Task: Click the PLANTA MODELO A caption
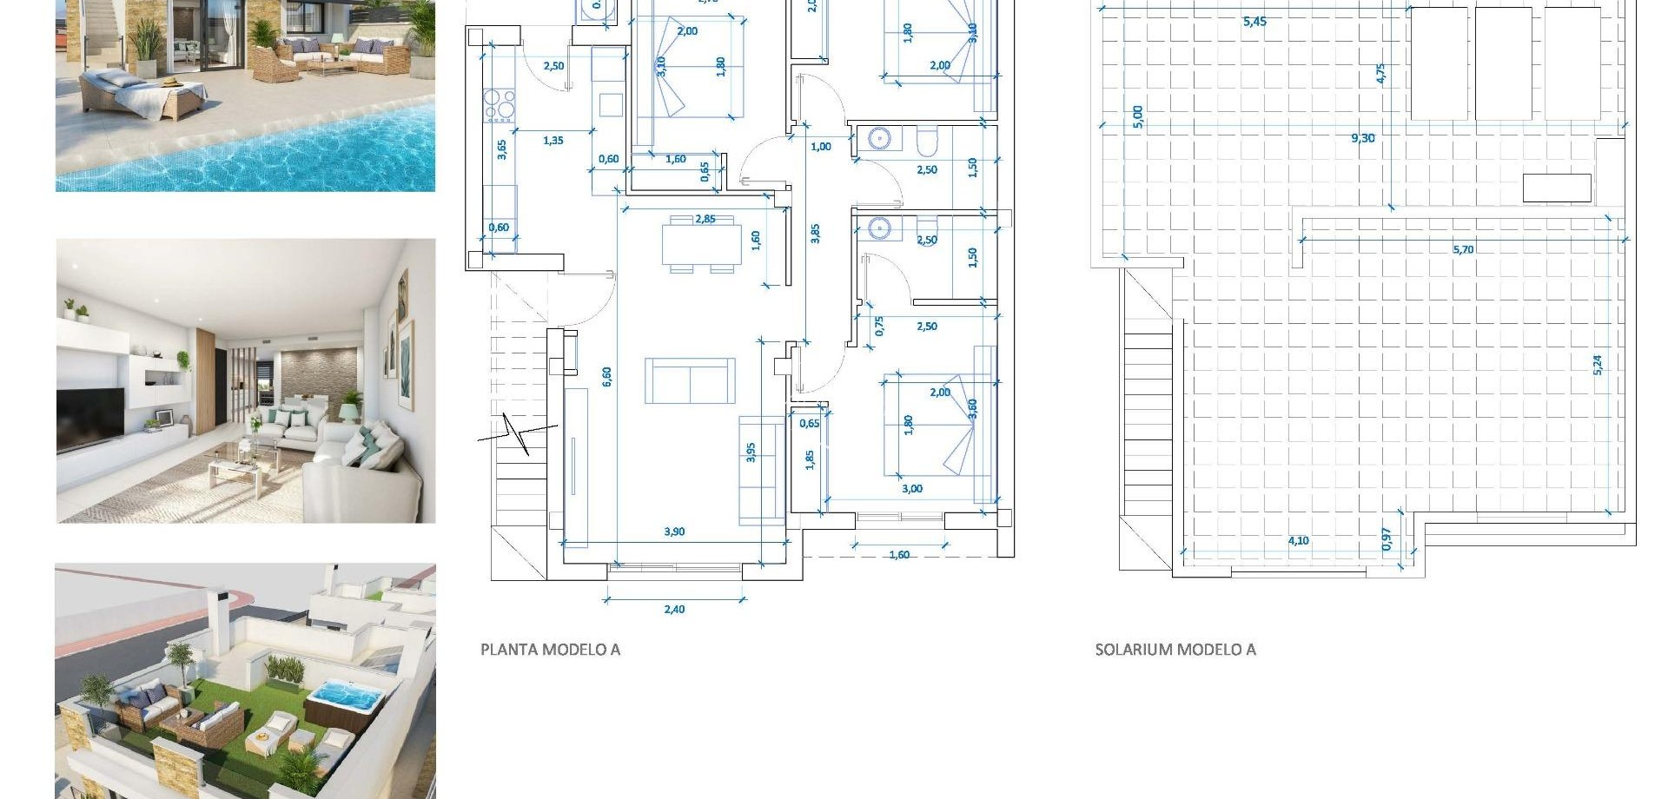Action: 550,649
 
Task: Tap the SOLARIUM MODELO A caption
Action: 1175,649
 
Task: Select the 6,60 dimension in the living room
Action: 606,376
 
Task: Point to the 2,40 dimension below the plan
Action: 674,609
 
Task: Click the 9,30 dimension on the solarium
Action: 1362,138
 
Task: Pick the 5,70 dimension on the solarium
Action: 1463,249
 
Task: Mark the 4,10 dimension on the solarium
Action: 1298,540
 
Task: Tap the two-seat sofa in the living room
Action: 690,380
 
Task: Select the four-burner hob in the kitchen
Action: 499,103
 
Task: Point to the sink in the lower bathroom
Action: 879,228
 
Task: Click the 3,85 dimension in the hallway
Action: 815,233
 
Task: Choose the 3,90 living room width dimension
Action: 674,532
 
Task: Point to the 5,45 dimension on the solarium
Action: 1254,22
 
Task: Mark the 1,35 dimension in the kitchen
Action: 553,140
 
